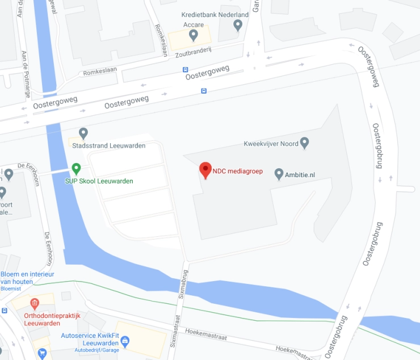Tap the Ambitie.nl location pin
pos(279,174)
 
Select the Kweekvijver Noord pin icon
pos(304,143)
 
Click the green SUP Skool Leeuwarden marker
pos(77,169)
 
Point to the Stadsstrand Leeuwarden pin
pos(83,133)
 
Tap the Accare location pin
pos(194,36)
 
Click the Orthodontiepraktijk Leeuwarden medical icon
pos(35,304)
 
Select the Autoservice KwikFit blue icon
pos(125,341)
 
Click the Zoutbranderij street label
pos(194,50)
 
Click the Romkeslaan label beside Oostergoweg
pos(100,73)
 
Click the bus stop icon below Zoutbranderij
pos(185,70)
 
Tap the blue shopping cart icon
pos(42,353)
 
